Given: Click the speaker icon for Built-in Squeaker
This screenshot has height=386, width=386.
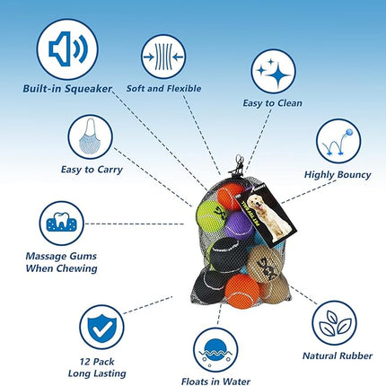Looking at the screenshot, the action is click(67, 49).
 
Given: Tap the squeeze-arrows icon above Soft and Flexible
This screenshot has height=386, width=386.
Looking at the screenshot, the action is click(163, 57).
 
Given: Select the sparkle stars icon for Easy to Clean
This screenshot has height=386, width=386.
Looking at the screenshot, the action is click(273, 72).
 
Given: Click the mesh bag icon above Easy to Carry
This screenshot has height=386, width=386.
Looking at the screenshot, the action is click(90, 137).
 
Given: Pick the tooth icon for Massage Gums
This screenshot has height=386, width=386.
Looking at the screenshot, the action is click(62, 224).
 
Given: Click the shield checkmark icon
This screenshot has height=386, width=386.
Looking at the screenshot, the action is click(101, 328).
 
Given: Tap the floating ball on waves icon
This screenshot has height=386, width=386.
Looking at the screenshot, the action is click(215, 350).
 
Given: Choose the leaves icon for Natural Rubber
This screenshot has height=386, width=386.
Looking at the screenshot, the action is click(334, 323).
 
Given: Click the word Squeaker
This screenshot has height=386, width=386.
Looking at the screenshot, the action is click(89, 89).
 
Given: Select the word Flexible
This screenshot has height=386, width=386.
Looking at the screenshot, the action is click(184, 89).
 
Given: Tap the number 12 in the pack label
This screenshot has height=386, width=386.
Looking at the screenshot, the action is click(85, 362).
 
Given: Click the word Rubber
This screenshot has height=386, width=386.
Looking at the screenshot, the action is click(355, 355).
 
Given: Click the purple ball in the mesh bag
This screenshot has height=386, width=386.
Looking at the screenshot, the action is click(239, 226).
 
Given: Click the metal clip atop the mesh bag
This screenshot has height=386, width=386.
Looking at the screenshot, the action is click(238, 164).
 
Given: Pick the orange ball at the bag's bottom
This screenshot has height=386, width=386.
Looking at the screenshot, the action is click(241, 291).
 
